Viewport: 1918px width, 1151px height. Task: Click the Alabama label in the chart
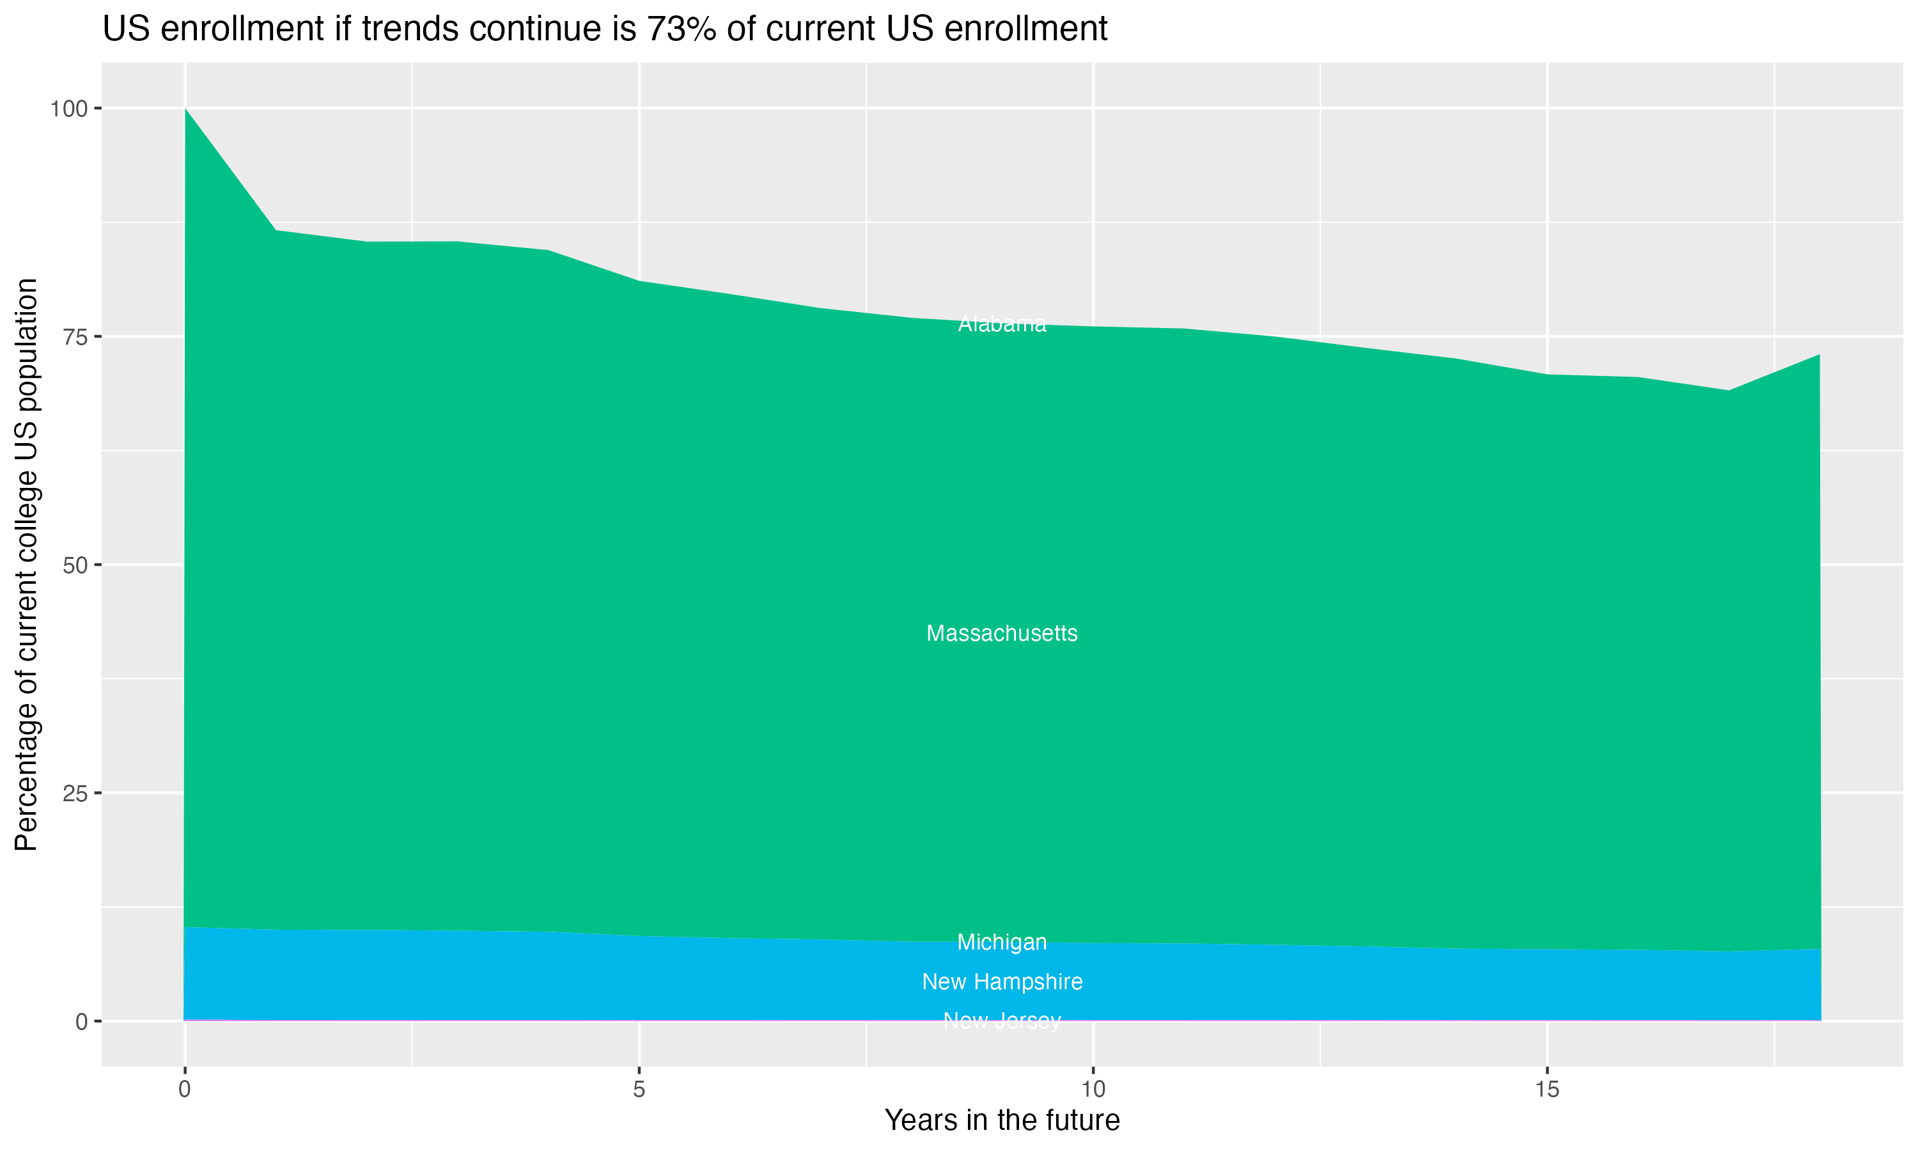(x=1002, y=324)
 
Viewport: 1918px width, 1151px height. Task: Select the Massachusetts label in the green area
(x=1002, y=634)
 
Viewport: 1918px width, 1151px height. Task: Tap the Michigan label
(x=1002, y=943)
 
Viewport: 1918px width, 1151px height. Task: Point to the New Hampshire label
(x=1002, y=982)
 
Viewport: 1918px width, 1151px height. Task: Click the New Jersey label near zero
(x=1002, y=1021)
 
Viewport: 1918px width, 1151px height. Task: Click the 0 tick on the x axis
(x=185, y=1090)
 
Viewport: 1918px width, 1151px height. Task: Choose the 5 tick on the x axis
(x=639, y=1090)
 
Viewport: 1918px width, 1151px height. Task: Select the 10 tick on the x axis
(x=1093, y=1090)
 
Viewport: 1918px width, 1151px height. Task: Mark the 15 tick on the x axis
(x=1547, y=1090)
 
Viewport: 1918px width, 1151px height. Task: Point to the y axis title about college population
(x=26, y=565)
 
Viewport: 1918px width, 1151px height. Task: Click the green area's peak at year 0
(x=185, y=109)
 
